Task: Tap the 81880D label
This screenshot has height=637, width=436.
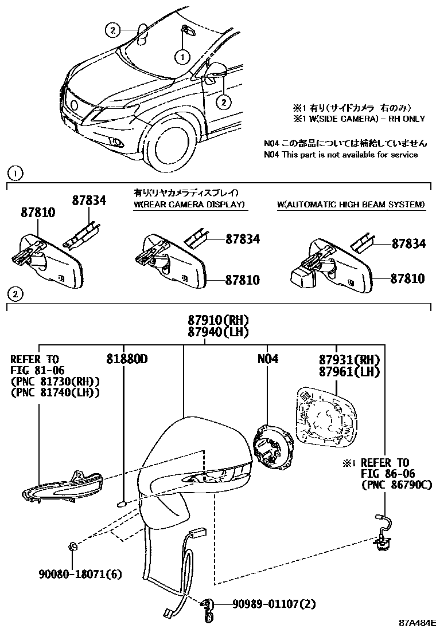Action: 126,359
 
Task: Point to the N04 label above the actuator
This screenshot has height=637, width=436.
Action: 267,359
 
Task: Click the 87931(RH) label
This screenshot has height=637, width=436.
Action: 349,359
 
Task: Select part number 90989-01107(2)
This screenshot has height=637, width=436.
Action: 274,603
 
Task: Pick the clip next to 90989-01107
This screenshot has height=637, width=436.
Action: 209,608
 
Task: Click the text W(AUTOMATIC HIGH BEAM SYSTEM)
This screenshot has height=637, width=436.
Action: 351,205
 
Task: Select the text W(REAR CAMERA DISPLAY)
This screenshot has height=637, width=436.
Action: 189,205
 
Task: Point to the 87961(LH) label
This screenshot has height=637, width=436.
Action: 349,372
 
